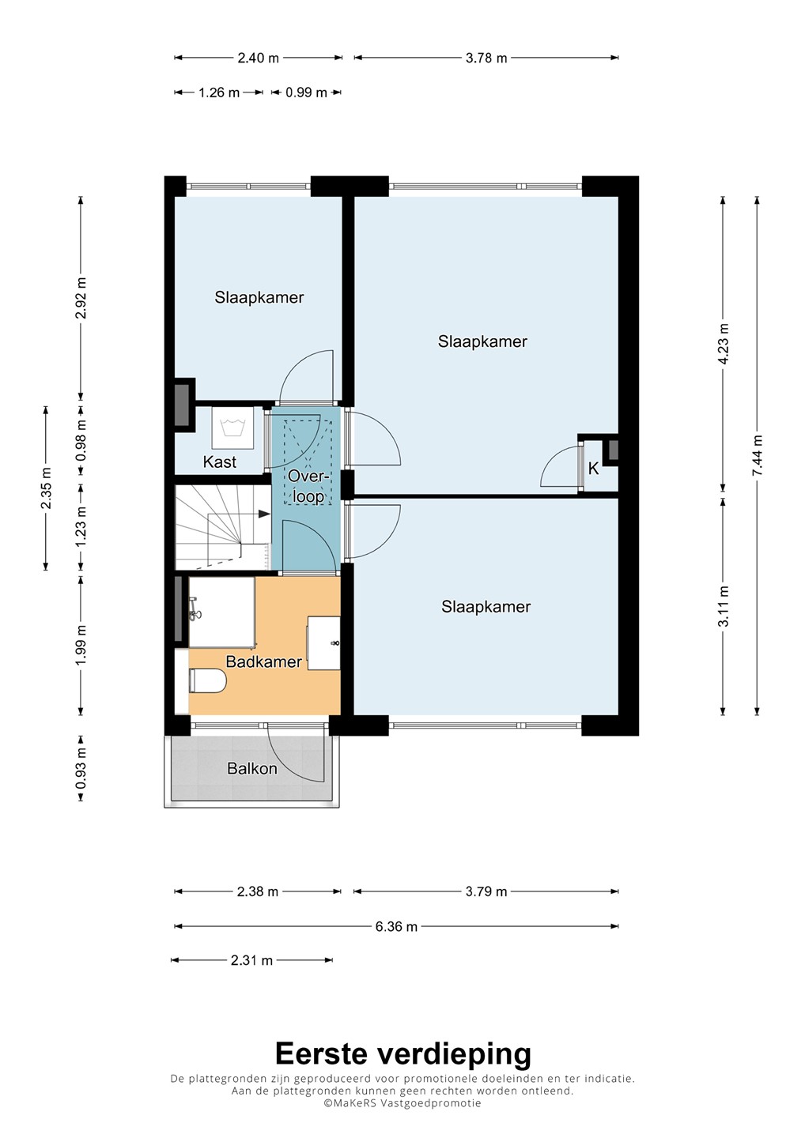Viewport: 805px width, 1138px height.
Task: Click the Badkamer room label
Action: click(264, 661)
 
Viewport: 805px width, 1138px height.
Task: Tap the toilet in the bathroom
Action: click(207, 680)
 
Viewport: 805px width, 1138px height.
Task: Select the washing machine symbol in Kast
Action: click(232, 428)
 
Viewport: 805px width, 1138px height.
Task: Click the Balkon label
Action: click(252, 768)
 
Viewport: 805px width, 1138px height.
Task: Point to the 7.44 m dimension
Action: click(758, 456)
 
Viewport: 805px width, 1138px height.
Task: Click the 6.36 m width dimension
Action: click(396, 927)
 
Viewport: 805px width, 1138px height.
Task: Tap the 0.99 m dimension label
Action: click(306, 92)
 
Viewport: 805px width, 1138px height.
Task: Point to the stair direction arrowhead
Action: click(264, 514)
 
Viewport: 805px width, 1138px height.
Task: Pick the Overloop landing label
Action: click(306, 486)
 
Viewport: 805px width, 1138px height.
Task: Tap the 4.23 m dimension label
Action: click(724, 344)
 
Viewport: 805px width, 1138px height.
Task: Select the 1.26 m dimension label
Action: click(219, 92)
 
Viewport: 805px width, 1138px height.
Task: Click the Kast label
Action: click(220, 462)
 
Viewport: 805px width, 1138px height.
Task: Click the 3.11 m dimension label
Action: click(724, 606)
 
